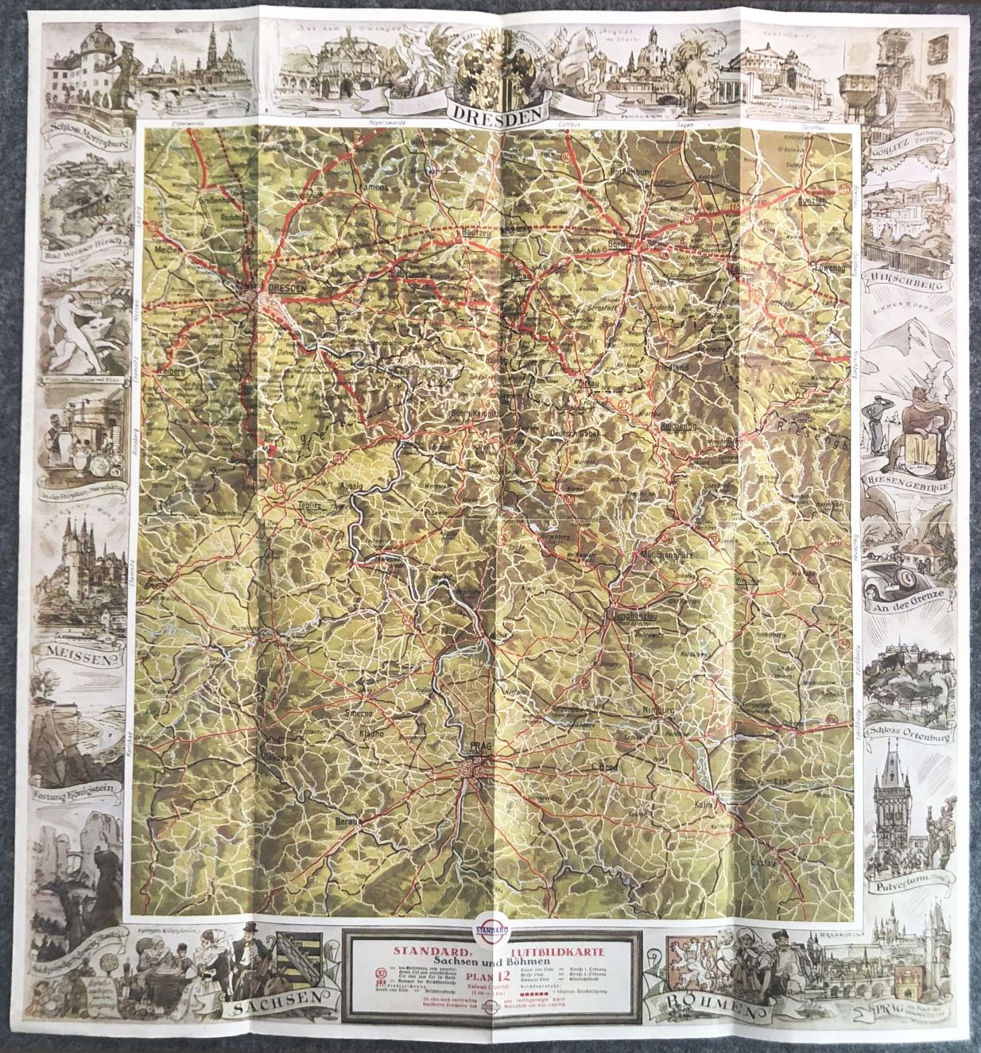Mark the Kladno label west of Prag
pyautogui.click(x=372, y=734)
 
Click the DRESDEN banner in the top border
pyautogui.click(x=490, y=112)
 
